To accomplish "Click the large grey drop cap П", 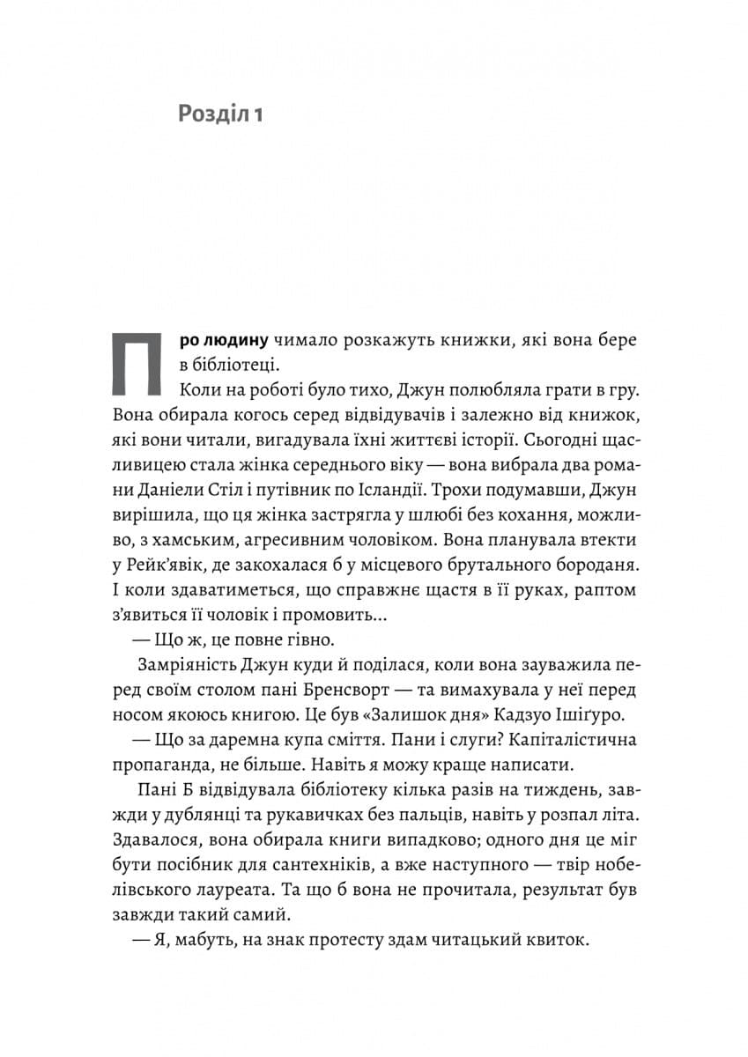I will (137, 364).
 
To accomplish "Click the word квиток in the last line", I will (553, 941).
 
